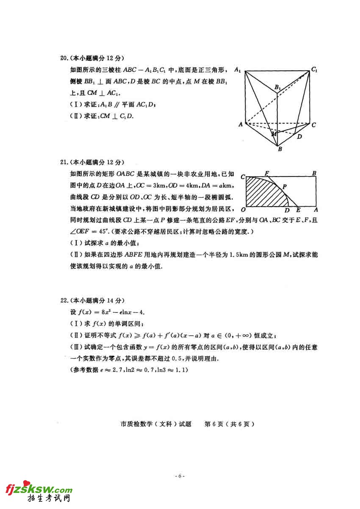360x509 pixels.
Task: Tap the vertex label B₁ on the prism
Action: pos(278,88)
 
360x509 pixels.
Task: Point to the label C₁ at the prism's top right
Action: pos(314,69)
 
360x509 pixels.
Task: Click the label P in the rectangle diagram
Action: pos(285,186)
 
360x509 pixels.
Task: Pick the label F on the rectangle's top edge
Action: pos(266,173)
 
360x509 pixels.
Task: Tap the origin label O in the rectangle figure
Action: pos(243,210)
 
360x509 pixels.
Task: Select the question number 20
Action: pos(64,58)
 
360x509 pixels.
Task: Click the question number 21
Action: pos(64,162)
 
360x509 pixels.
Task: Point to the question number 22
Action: pos(64,301)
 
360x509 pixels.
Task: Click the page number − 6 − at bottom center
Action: pos(180,476)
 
